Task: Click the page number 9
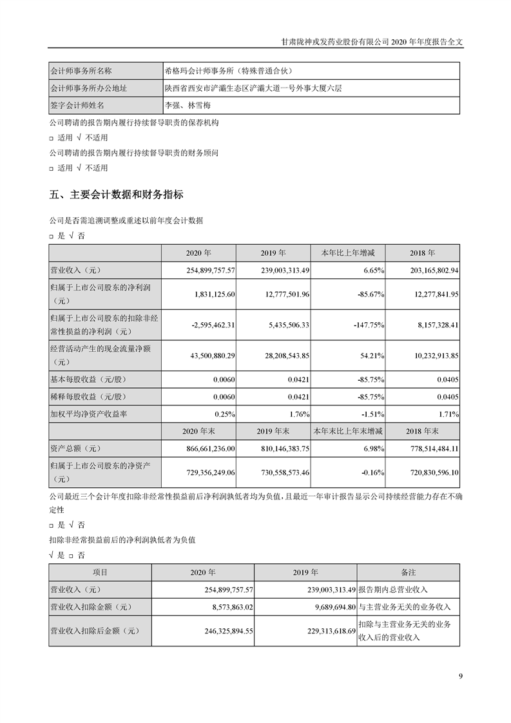click(460, 675)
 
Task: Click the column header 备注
click(408, 572)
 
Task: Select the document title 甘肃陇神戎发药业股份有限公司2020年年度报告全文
click(372, 40)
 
